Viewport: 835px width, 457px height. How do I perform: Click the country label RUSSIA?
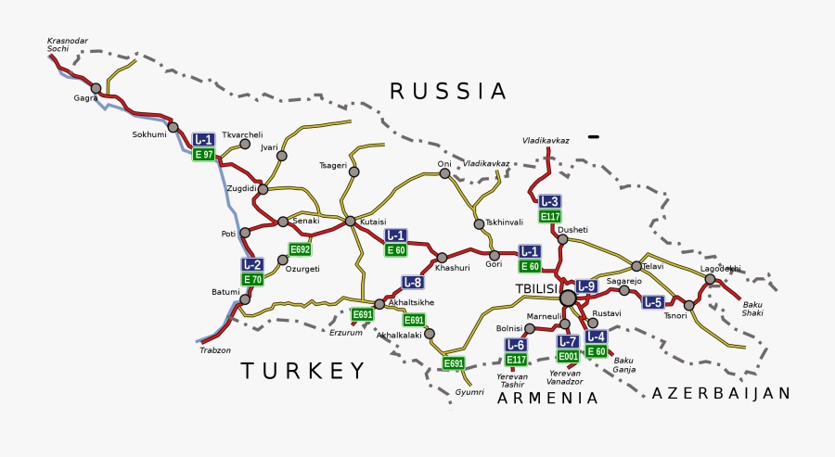448,91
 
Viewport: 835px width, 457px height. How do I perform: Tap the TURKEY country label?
304,372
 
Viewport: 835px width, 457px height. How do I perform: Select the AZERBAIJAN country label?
721,393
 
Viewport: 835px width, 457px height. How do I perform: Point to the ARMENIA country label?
547,398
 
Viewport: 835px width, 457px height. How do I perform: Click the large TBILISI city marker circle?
568,298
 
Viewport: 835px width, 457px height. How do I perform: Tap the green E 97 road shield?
203,154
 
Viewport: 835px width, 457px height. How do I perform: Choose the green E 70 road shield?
252,279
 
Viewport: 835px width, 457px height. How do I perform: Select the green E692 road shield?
300,249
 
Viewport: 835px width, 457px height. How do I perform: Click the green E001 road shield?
568,356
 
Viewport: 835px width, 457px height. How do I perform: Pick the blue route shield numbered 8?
413,282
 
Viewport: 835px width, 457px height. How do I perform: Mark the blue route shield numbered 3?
550,202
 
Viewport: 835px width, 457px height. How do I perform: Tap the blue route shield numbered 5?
653,302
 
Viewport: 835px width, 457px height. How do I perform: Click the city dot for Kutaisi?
350,221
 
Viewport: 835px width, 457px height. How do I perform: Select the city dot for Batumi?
245,299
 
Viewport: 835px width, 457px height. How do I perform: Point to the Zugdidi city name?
241,188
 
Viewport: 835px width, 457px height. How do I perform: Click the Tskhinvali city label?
505,222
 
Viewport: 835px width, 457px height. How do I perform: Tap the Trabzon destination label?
215,350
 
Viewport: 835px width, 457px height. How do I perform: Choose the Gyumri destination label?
469,392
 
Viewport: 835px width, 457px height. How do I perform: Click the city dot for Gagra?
96,88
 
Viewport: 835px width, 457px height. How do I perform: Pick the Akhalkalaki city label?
400,335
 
